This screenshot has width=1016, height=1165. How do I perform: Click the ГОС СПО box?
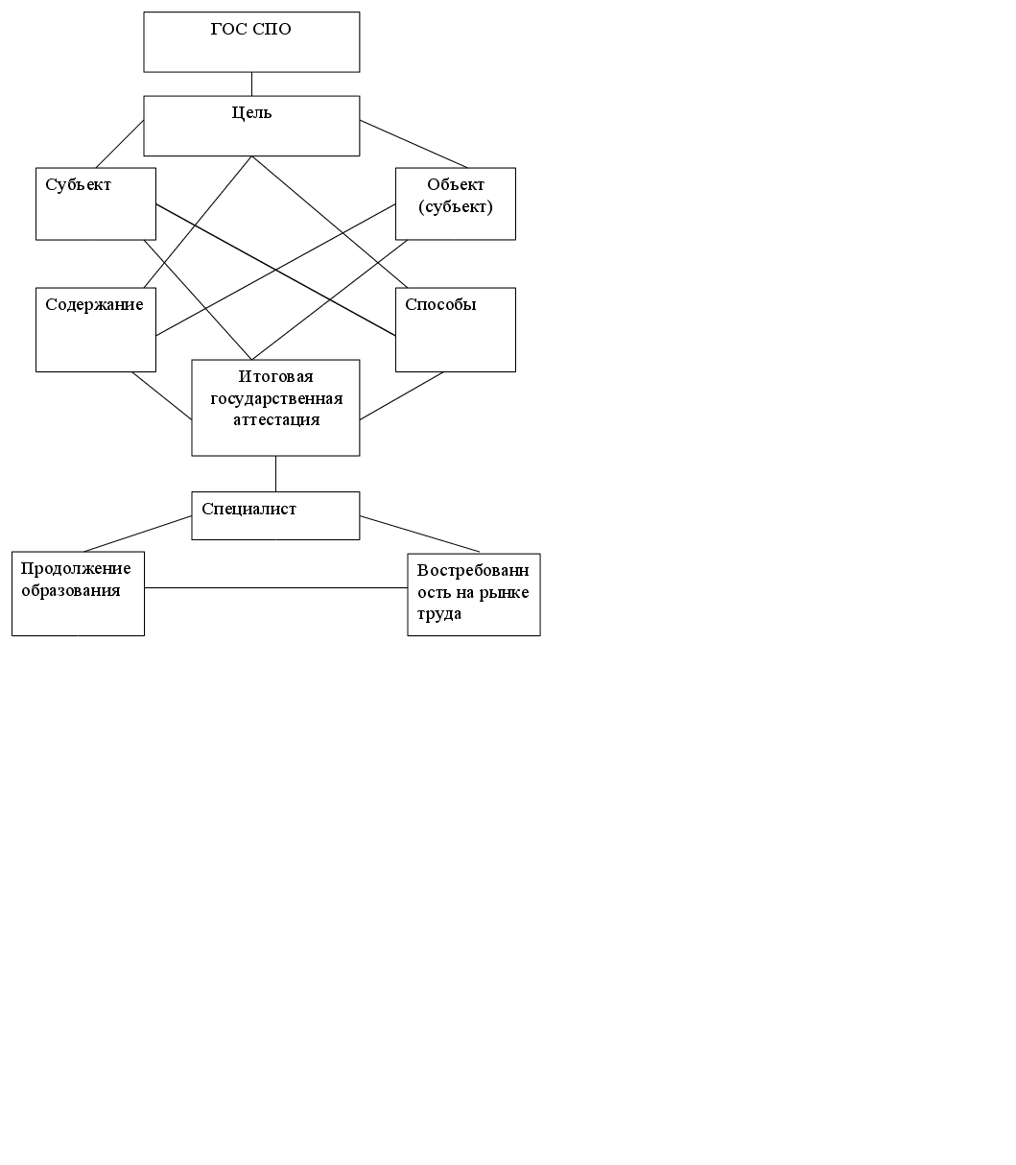pos(251,42)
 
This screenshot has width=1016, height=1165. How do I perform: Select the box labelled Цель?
pos(251,126)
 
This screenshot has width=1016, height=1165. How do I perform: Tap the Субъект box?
pos(95,203)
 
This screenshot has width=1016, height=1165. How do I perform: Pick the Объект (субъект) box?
pos(456,203)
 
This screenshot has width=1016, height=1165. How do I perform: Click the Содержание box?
pos(95,330)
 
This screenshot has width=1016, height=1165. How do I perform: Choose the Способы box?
pos(456,330)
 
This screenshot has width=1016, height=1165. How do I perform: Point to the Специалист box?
pos(275,515)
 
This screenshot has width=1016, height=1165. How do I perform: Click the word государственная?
pos(276,398)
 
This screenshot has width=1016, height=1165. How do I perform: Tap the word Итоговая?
pos(276,377)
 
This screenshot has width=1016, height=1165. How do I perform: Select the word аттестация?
pos(276,419)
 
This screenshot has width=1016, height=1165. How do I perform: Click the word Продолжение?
pos(76,569)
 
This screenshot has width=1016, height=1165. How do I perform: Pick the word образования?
pos(71,590)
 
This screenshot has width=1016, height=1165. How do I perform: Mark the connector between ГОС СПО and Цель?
pos(251,83)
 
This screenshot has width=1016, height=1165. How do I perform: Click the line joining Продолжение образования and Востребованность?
pos(276,587)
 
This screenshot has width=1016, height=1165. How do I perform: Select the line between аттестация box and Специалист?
pos(276,473)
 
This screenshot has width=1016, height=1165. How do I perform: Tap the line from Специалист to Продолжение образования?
pos(138,535)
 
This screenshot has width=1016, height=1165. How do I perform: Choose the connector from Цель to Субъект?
pos(119,144)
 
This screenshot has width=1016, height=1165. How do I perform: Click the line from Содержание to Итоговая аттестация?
pos(161,395)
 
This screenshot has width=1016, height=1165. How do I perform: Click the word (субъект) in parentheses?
pos(456,206)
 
